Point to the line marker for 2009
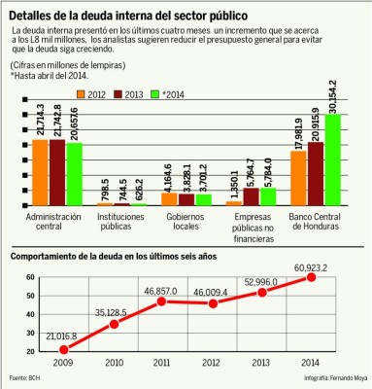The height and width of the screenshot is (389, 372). [x=64, y=349]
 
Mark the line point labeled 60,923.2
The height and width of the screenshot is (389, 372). [x=312, y=277]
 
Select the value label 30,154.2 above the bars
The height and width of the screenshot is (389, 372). [x=333, y=97]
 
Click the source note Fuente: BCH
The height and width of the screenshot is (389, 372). [x=26, y=377]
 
